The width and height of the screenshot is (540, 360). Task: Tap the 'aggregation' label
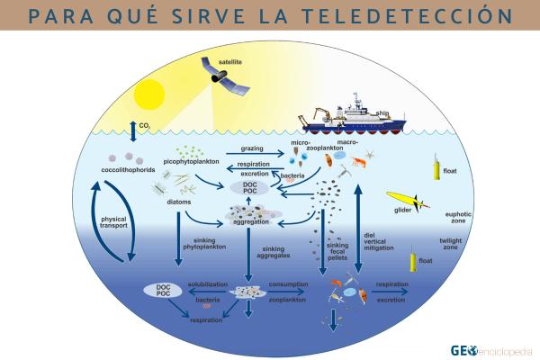251,220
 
